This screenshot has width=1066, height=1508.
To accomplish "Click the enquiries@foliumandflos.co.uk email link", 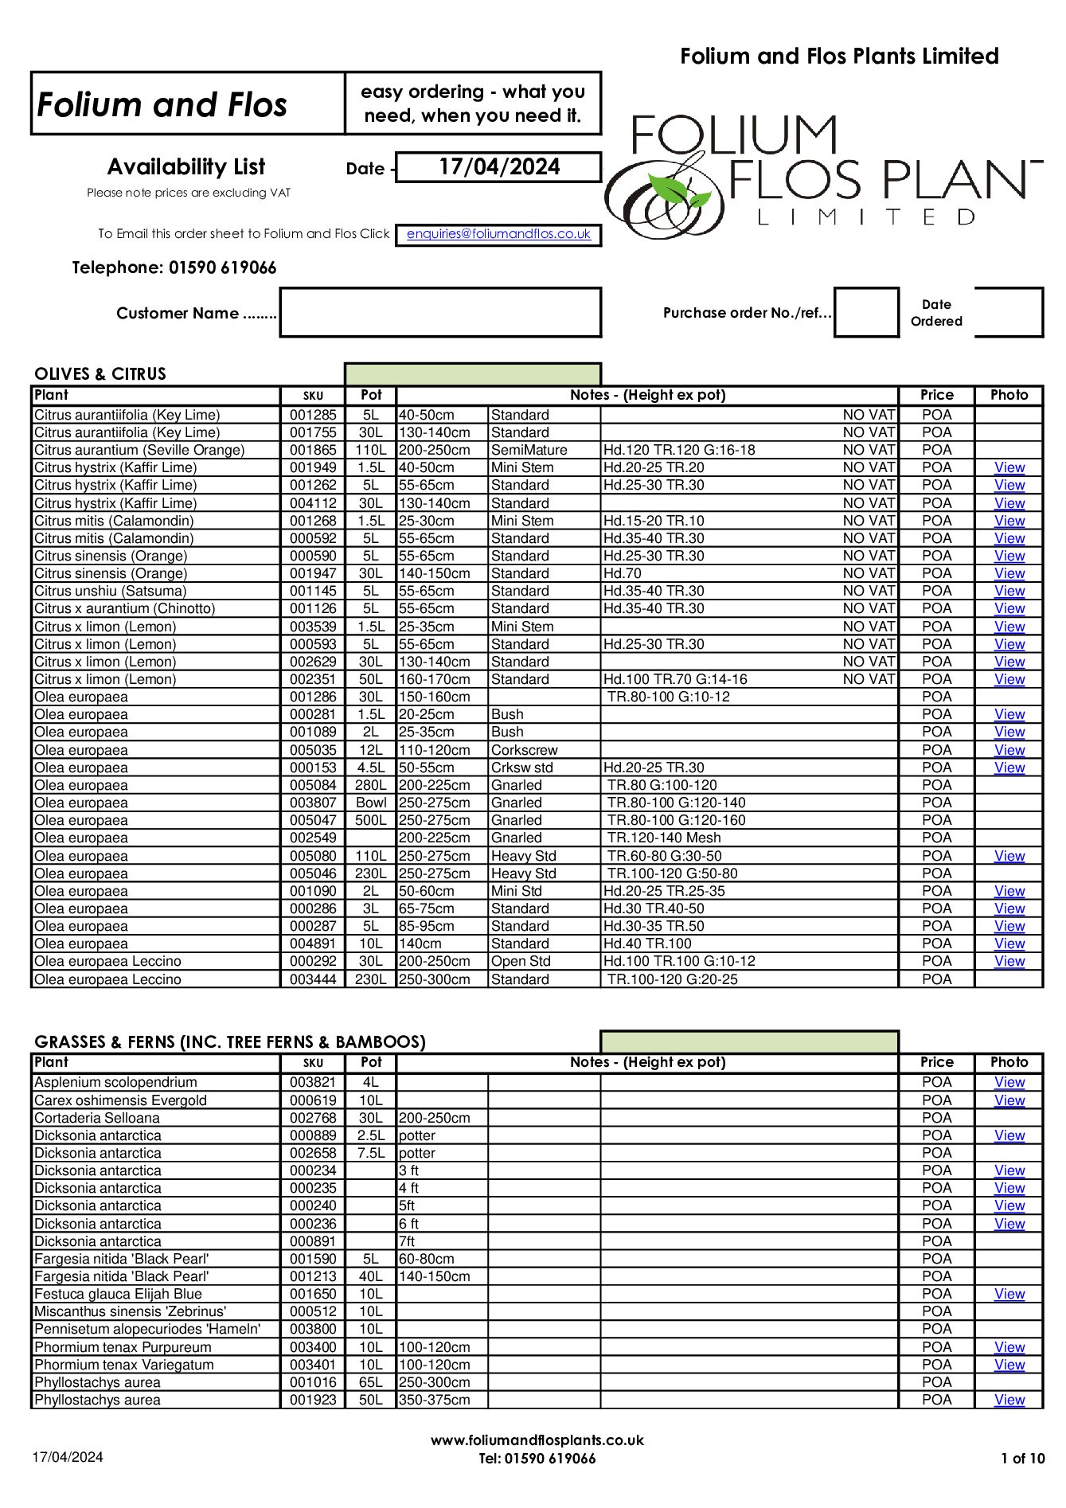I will [x=498, y=234].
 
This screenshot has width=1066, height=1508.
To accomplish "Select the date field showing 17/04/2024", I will [x=498, y=167].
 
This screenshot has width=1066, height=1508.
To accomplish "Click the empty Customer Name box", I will [x=440, y=313].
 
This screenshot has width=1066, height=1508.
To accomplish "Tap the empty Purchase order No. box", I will [x=866, y=313].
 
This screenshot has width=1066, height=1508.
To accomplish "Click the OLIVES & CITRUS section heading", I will [x=100, y=374].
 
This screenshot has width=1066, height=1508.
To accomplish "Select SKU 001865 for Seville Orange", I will [x=313, y=450].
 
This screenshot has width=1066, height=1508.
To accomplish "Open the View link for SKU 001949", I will [x=1009, y=467].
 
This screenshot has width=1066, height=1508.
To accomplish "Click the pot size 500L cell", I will [x=370, y=820].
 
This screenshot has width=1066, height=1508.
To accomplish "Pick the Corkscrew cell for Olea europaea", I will [x=525, y=750].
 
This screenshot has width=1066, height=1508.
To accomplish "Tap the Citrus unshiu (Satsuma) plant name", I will [x=111, y=591].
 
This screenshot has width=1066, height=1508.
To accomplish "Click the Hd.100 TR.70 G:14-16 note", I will [x=675, y=679].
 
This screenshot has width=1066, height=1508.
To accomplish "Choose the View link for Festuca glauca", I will [x=1009, y=1294].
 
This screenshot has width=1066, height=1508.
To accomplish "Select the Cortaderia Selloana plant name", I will [x=97, y=1118].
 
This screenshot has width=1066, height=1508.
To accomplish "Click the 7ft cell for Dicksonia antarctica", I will [x=408, y=1241].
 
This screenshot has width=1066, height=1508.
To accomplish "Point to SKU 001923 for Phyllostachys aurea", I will [x=313, y=1400].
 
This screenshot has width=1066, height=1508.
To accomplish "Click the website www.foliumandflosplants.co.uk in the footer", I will [x=537, y=1440].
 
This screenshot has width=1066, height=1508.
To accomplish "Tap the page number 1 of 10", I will [x=1022, y=1459].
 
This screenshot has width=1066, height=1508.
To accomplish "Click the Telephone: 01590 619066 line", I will [x=174, y=268].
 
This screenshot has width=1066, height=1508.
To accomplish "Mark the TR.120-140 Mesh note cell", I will [x=664, y=838].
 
